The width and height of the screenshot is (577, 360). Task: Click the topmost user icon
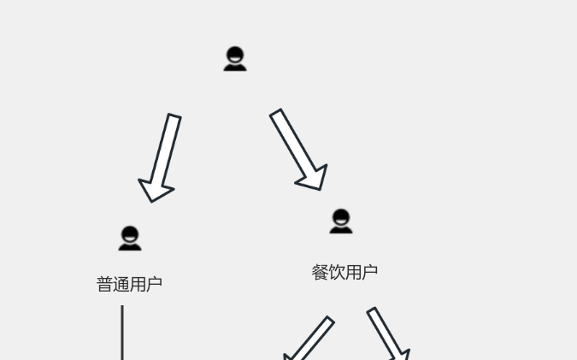[x=235, y=58]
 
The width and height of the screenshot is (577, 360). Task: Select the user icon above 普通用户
[x=130, y=239]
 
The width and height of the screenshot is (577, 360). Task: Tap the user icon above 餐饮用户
[x=341, y=221]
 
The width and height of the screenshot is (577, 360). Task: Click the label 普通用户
[x=130, y=284]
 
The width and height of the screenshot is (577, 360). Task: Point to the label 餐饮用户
[x=344, y=273]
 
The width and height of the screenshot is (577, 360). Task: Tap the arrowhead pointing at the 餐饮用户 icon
[x=315, y=179]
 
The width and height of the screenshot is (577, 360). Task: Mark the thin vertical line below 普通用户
[x=122, y=333]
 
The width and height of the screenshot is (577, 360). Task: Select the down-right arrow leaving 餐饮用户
[x=387, y=333]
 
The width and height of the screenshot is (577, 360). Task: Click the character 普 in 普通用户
[x=104, y=284]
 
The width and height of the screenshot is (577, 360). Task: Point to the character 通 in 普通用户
[x=121, y=284]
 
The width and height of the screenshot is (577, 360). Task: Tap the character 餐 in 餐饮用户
[x=320, y=273]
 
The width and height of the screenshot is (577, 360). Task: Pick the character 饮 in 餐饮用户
[x=336, y=273]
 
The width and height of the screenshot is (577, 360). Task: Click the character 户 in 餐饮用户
[x=370, y=273]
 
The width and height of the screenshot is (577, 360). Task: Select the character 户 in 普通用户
[x=155, y=284]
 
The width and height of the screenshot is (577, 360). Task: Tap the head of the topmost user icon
[x=235, y=55]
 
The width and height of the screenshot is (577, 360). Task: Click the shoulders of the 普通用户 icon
[x=130, y=247]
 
